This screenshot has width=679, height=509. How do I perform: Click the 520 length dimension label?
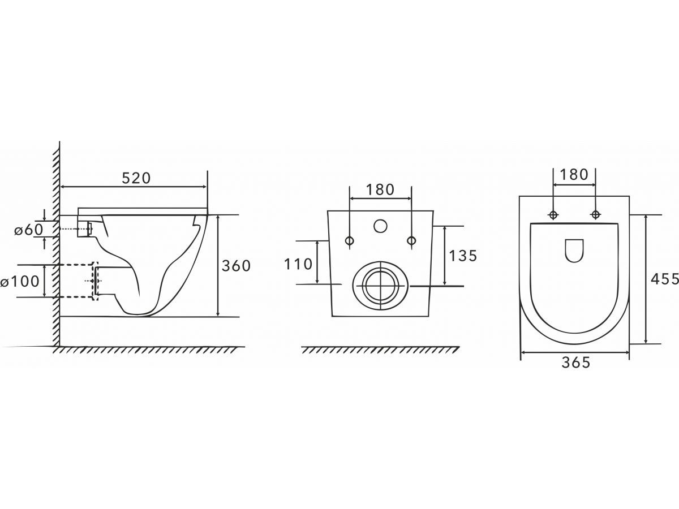(136, 178)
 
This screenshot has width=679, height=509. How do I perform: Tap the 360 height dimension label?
(236, 266)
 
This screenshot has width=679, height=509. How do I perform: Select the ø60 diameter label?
(28, 230)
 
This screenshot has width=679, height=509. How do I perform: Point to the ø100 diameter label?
(20, 281)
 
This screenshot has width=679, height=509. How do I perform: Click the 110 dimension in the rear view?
(298, 264)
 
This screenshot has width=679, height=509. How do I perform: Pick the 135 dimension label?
(463, 255)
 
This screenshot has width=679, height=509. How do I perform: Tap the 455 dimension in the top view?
(665, 279)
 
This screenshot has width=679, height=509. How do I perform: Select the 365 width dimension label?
(575, 363)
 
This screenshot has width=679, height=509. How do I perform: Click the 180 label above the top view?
(574, 175)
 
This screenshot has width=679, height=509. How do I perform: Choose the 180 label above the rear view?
(380, 190)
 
